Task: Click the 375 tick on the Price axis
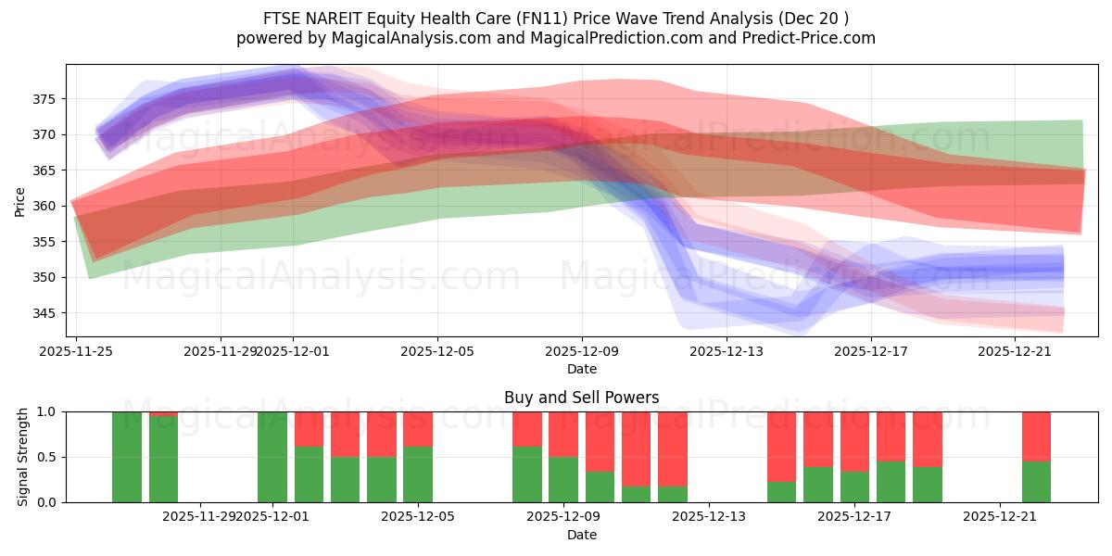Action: (x=45, y=99)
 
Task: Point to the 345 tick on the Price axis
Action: (x=45, y=313)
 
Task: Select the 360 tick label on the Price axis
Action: (x=45, y=206)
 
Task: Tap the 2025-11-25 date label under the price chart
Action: (x=76, y=351)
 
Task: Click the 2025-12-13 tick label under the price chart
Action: (x=727, y=351)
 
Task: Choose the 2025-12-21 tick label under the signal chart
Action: (x=1000, y=517)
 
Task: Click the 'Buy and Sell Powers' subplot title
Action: (x=581, y=398)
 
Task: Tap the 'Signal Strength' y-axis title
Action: (x=23, y=457)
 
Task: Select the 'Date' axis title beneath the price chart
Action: (x=581, y=369)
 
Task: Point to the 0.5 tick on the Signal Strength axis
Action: (x=46, y=457)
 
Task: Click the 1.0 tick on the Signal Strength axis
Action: (x=46, y=411)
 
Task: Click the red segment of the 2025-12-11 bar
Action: (x=673, y=449)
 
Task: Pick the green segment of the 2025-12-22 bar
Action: (x=1036, y=482)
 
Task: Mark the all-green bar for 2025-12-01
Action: (x=272, y=457)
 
